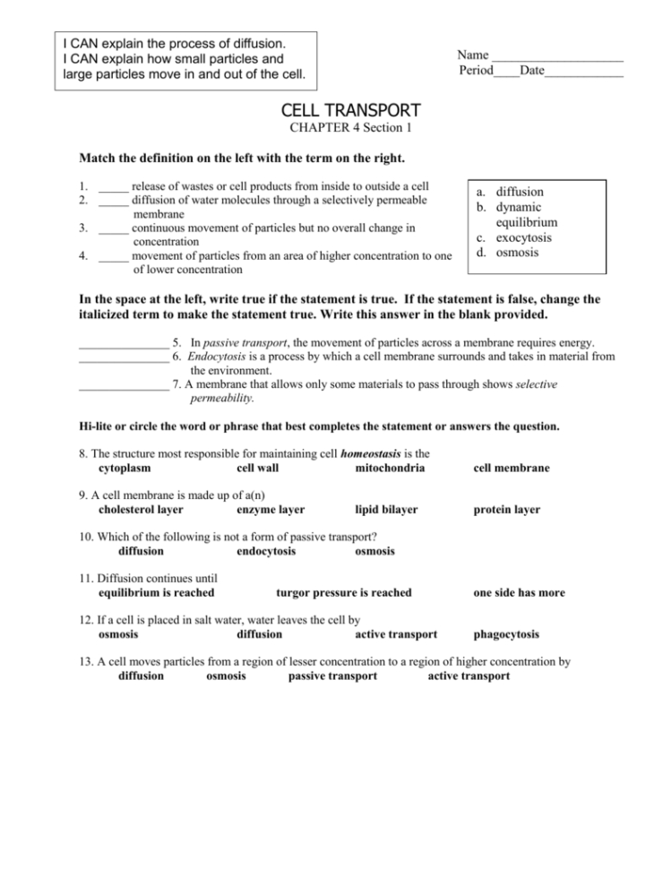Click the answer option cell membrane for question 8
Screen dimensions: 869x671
pyautogui.click(x=512, y=469)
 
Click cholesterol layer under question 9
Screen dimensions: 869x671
pyautogui.click(x=141, y=510)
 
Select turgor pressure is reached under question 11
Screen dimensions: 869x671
pyautogui.click(x=344, y=592)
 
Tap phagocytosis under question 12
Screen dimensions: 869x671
pyautogui.click(x=506, y=634)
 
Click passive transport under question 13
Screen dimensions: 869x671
pyautogui.click(x=332, y=676)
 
